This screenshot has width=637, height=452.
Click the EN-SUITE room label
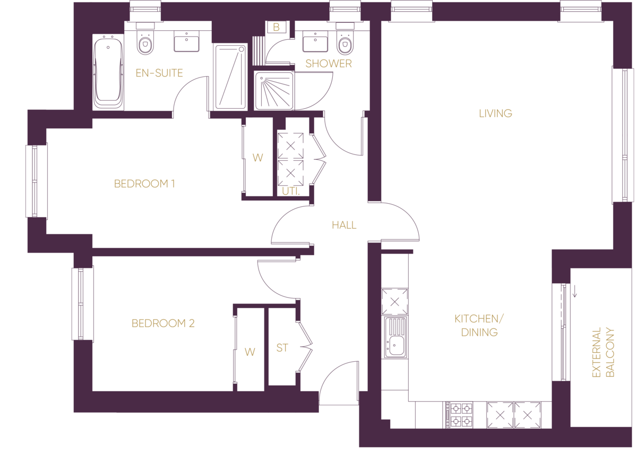click(x=159, y=73)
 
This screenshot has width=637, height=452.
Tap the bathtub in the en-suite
click(x=108, y=73)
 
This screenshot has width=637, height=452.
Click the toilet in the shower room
click(x=345, y=42)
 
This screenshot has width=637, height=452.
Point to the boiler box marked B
click(x=277, y=27)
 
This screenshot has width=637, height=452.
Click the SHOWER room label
click(x=329, y=64)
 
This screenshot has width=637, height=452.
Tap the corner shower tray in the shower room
click(x=274, y=91)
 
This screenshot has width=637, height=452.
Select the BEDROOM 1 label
click(x=144, y=184)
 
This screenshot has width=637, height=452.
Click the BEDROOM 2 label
click(x=163, y=323)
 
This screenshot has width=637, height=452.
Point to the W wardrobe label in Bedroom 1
click(x=257, y=158)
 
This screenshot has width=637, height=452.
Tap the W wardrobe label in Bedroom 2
click(x=249, y=352)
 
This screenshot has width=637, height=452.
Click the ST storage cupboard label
click(x=282, y=348)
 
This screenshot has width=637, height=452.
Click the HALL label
click(x=344, y=225)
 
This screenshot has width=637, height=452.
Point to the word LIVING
click(x=495, y=113)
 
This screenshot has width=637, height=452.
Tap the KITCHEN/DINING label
click(x=476, y=325)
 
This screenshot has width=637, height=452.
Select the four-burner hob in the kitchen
click(x=459, y=415)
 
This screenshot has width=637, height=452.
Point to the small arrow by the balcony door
click(x=574, y=290)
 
